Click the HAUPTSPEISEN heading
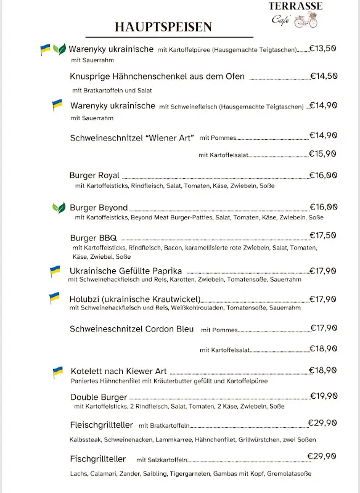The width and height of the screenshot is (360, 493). (x=163, y=26)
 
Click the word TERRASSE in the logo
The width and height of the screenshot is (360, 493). (x=295, y=6)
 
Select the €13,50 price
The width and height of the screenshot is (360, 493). (x=322, y=48)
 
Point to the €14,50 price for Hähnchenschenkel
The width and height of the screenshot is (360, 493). (x=323, y=76)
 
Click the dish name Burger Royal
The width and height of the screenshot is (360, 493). (x=94, y=176)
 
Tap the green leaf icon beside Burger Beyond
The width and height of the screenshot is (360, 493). (x=59, y=208)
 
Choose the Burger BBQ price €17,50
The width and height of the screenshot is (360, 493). (x=323, y=235)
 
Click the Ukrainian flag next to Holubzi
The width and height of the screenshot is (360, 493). (x=55, y=299)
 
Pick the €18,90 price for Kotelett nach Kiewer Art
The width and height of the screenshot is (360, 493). (x=322, y=370)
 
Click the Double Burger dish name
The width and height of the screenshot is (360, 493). (x=99, y=397)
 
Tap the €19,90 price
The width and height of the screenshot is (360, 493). (x=323, y=396)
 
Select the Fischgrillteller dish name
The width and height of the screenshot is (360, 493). (x=98, y=459)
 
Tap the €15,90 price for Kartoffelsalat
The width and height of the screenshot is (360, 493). (x=322, y=153)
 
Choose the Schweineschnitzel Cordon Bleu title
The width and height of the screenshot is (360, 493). (x=132, y=329)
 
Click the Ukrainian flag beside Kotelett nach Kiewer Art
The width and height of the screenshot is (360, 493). (x=58, y=372)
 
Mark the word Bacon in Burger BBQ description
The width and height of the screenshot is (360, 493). (x=172, y=248)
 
